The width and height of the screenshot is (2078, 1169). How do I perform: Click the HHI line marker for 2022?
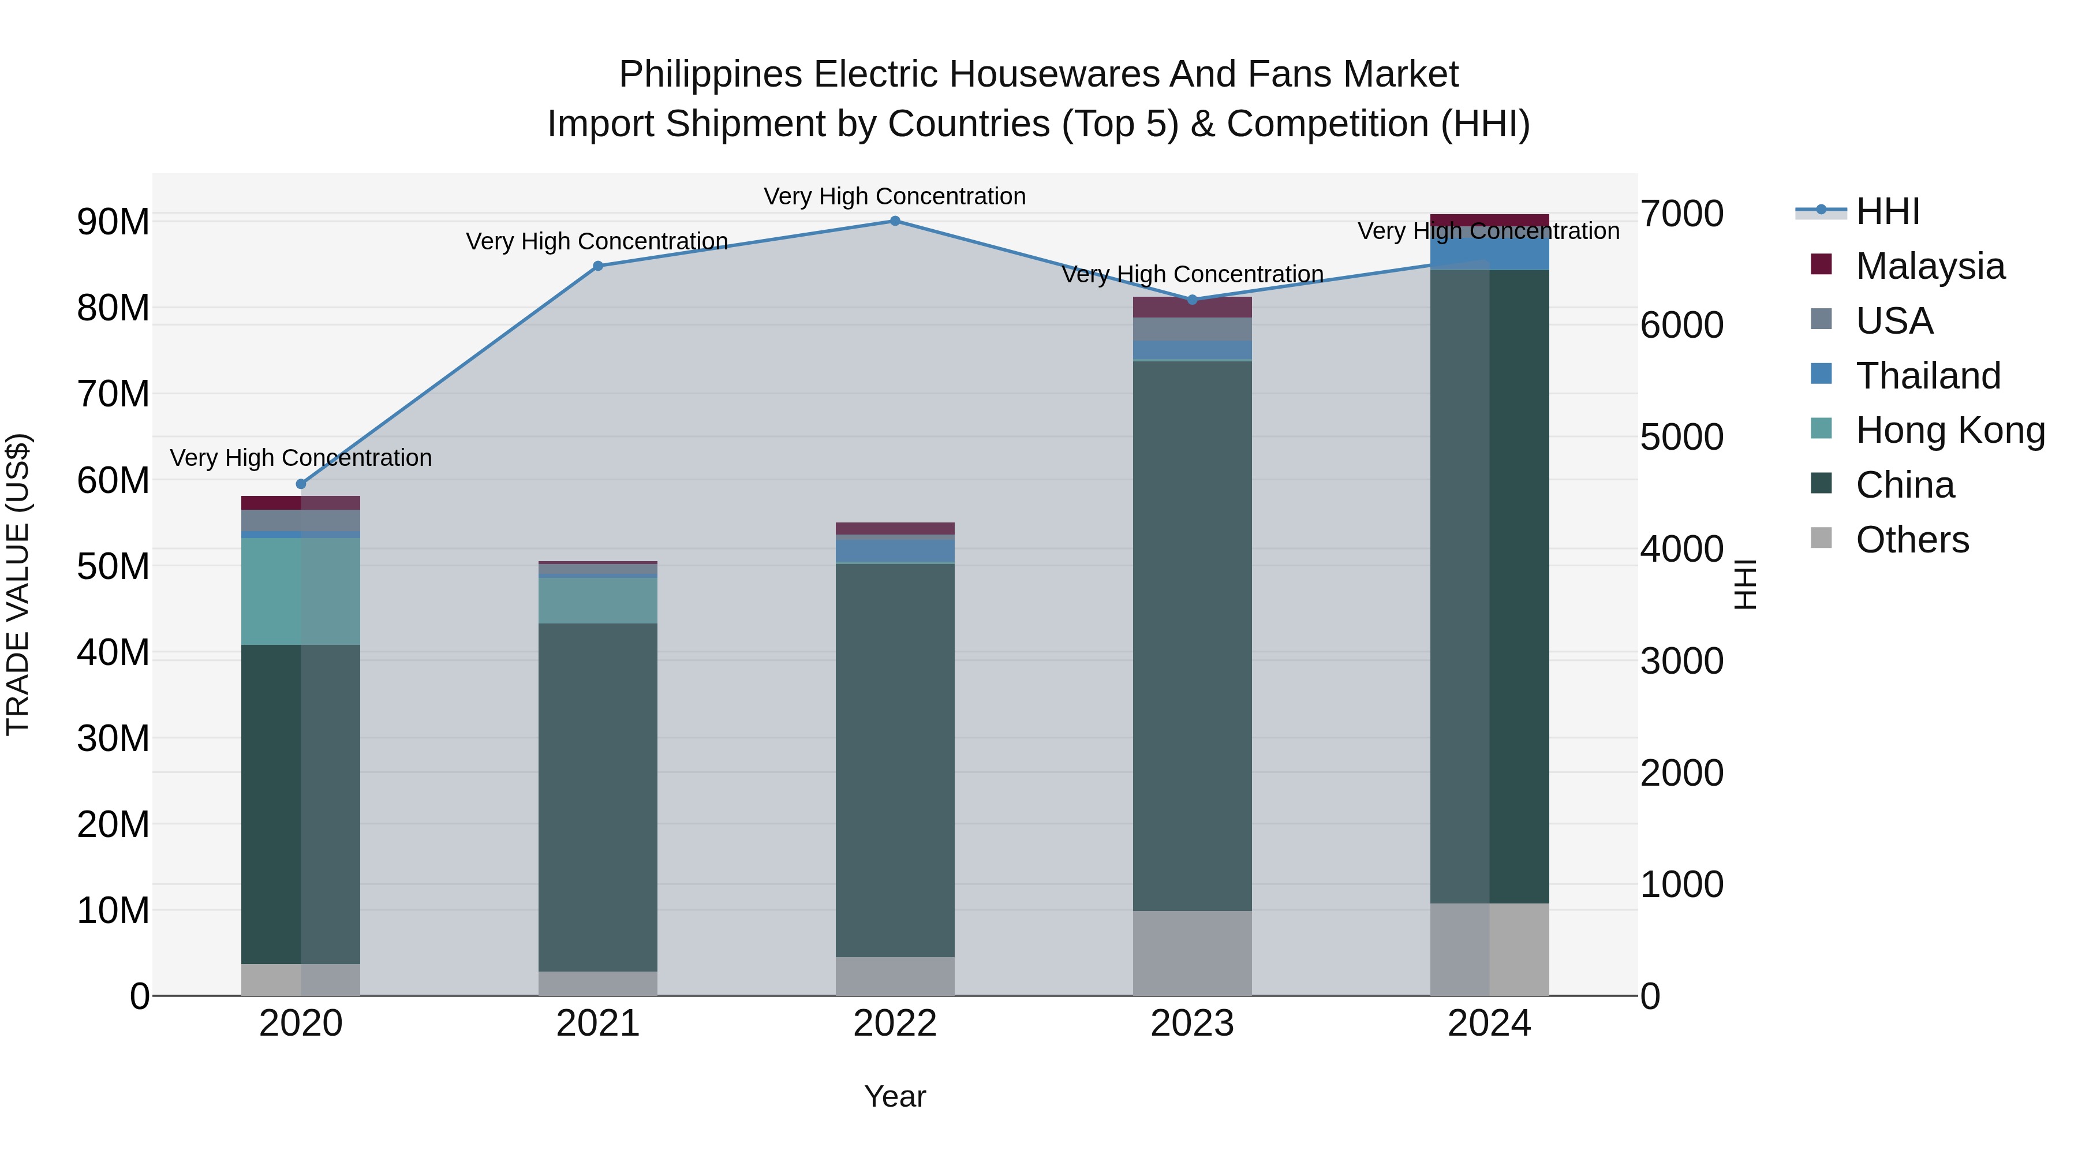895,221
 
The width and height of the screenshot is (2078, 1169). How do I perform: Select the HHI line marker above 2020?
301,484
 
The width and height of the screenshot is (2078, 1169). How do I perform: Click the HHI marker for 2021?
598,266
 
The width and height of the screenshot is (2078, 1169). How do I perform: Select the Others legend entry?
1911,540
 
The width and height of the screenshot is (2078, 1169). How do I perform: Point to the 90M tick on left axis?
113,222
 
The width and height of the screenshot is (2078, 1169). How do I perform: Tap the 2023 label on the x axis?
1193,1024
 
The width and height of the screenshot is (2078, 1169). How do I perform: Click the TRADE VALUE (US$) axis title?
18,584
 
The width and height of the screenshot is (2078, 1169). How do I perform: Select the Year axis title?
895,1096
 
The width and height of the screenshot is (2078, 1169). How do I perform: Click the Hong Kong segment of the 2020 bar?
300,591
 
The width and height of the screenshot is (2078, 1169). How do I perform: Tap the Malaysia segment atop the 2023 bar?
1193,307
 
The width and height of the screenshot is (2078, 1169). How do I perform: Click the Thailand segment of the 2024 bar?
1489,252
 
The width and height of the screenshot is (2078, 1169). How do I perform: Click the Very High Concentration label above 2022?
895,196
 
